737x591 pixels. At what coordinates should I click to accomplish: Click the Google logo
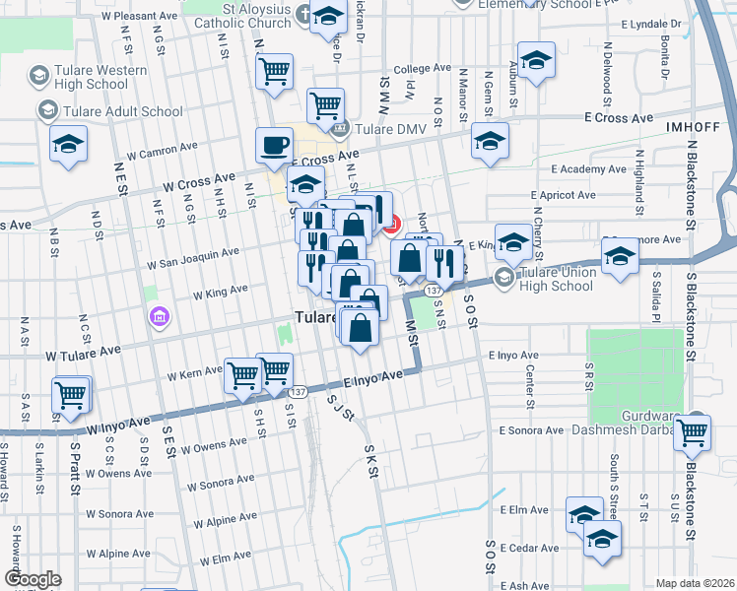pyautogui.click(x=33, y=579)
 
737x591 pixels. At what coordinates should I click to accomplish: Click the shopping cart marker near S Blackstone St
pyautogui.click(x=694, y=430)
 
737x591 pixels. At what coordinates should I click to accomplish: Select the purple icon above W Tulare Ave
pyautogui.click(x=159, y=317)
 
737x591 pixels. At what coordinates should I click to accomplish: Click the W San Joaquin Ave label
pyautogui.click(x=193, y=258)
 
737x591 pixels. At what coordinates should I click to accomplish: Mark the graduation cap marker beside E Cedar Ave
pyautogui.click(x=603, y=540)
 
